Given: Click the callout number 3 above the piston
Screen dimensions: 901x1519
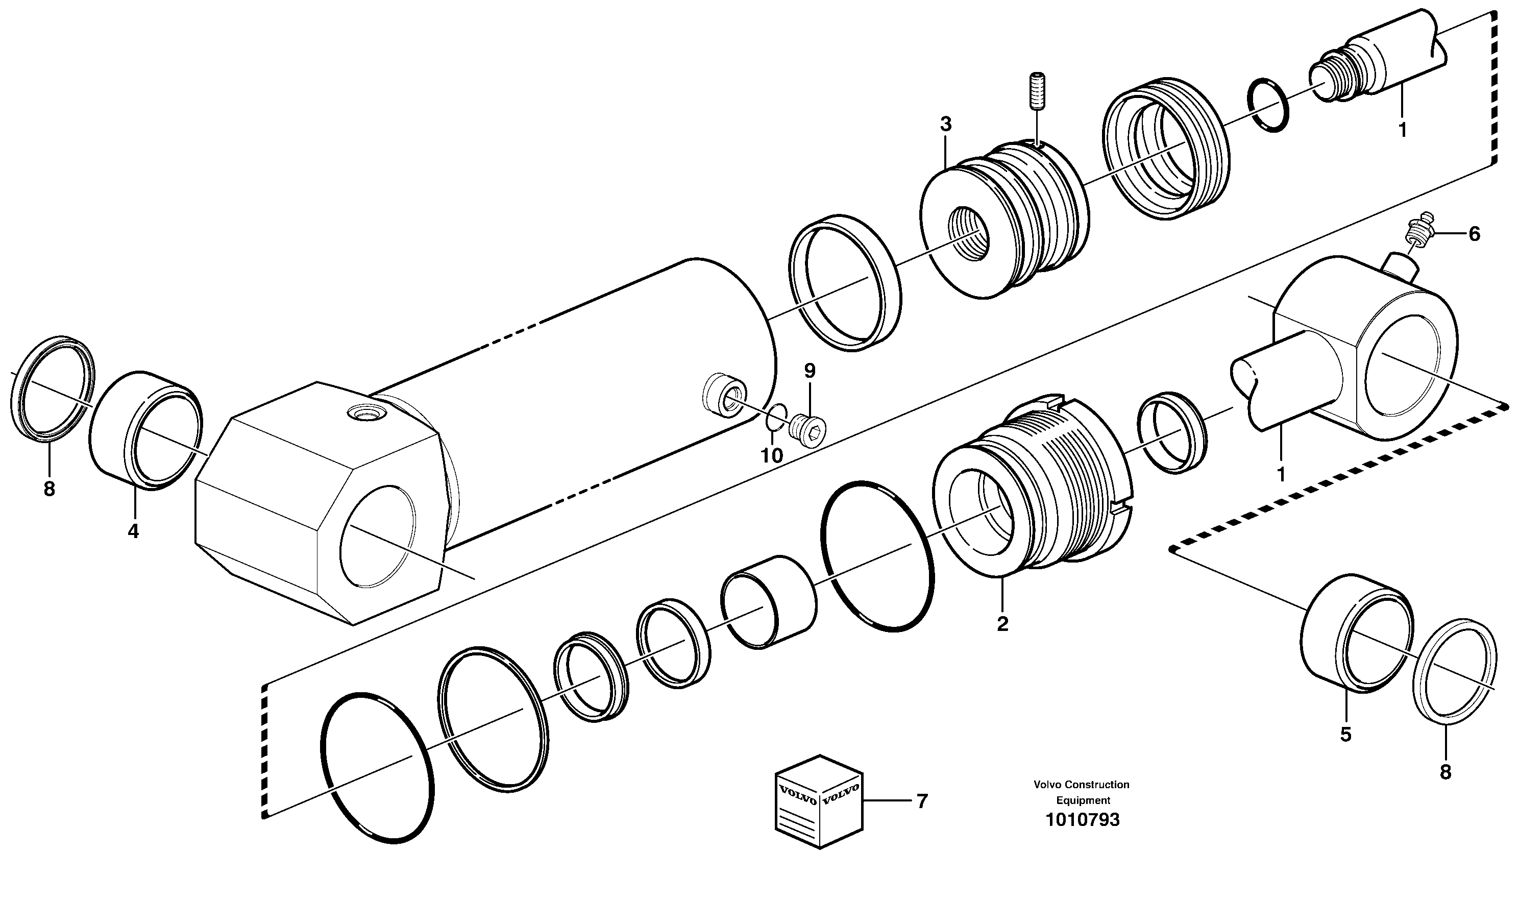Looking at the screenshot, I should pos(945,125).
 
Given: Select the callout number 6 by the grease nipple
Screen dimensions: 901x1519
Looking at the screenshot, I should pos(1474,234).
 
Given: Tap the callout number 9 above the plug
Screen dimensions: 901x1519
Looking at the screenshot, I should pos(810,371).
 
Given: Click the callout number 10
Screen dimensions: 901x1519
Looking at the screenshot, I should pos(772,455).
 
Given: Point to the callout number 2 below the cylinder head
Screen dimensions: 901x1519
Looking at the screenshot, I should pos(1002,623).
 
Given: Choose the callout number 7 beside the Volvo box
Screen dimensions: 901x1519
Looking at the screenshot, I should pos(922,801).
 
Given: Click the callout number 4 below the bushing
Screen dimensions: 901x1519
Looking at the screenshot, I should pos(133,531).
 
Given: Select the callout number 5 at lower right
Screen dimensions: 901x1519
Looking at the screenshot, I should pos(1345,735).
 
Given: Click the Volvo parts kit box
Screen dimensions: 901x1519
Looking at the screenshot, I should pos(819,801).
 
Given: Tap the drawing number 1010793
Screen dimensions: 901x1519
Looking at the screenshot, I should pos(1082,820).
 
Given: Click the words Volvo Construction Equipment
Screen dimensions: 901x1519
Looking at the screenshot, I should pos(1082,792).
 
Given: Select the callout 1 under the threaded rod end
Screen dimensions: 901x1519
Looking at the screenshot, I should pos(1402,130).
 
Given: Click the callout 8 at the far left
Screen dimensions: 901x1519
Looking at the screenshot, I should pos(49,489).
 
